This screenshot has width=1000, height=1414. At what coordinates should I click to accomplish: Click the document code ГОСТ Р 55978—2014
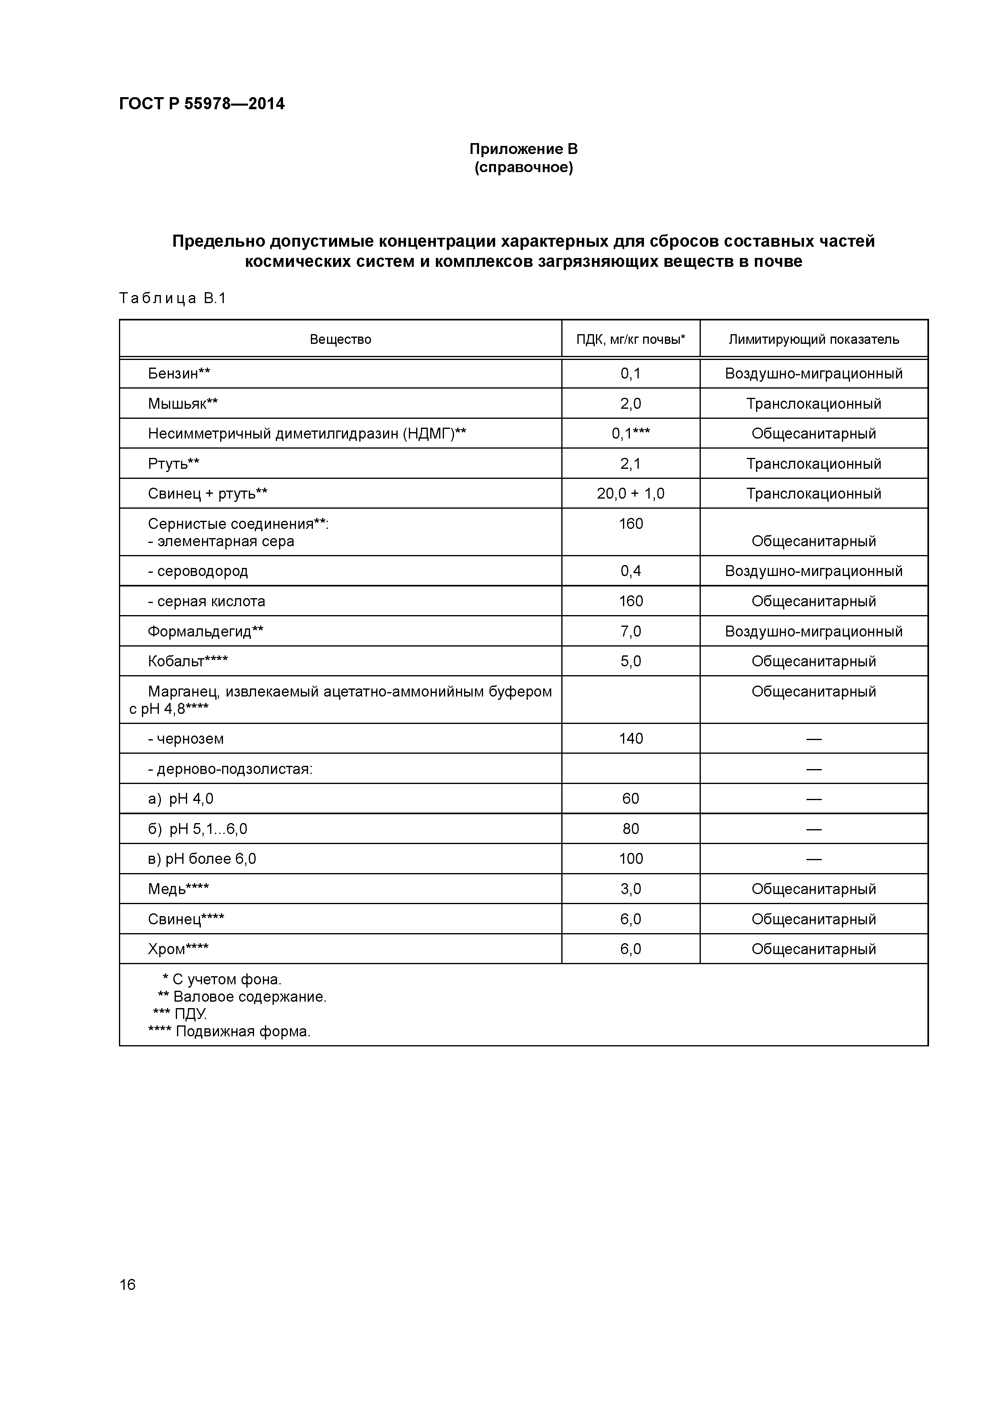point(202,104)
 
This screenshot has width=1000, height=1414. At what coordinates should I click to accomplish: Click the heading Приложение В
point(523,149)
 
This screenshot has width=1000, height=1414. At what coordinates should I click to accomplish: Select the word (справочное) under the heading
point(523,168)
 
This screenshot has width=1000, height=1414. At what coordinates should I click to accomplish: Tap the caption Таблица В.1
point(173,299)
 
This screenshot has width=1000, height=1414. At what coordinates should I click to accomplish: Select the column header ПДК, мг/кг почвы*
point(630,339)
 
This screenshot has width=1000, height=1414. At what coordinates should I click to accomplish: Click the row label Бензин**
point(179,374)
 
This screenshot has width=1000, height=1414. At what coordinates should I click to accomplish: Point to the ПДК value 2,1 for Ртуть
point(630,464)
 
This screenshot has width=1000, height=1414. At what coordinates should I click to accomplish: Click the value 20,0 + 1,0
point(630,494)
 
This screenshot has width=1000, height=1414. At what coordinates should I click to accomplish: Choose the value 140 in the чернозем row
point(630,739)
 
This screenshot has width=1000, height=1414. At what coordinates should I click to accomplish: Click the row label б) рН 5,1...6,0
point(197,830)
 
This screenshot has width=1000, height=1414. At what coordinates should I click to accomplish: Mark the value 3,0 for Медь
point(630,889)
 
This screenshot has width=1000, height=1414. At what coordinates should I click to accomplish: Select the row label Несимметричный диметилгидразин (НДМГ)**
point(306,434)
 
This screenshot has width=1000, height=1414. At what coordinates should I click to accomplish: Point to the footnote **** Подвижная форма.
point(229,1031)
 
